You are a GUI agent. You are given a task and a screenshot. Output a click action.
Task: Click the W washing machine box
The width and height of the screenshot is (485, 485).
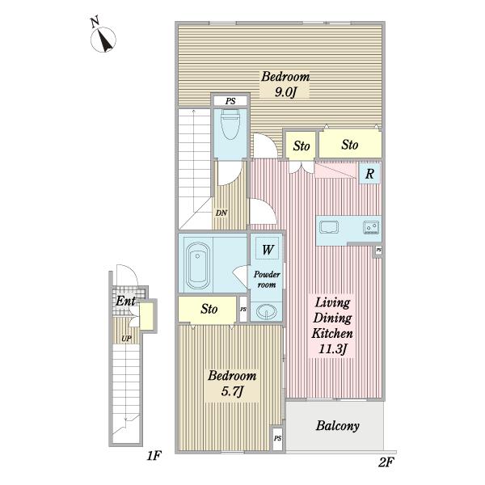268,249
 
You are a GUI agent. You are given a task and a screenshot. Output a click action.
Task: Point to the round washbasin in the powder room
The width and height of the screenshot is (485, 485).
266,312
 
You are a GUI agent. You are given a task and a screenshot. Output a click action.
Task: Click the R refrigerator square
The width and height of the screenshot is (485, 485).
369,174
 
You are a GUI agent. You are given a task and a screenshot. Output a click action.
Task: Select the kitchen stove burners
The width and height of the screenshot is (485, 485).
371,227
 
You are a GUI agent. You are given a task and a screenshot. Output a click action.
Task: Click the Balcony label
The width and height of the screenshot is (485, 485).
337,426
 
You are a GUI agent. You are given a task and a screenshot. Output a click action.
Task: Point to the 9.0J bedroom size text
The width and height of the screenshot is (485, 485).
285,92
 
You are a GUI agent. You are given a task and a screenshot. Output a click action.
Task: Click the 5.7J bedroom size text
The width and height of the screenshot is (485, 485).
232,391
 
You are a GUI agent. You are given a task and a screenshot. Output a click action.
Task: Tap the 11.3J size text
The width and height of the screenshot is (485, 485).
332,349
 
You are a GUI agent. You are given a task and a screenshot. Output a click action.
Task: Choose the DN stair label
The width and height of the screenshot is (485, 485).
221,213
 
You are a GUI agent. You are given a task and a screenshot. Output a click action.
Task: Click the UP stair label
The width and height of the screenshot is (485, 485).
126,339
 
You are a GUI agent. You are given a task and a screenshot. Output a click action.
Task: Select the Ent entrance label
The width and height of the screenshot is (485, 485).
125,301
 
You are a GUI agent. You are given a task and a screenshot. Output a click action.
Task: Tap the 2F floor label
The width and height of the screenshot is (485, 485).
386,462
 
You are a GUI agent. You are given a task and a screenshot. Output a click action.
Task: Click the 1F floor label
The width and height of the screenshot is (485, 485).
154,455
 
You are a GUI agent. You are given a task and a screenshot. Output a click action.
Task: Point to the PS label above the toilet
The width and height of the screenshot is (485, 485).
230,101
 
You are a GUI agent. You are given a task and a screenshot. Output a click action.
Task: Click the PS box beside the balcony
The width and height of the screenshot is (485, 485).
277,439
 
